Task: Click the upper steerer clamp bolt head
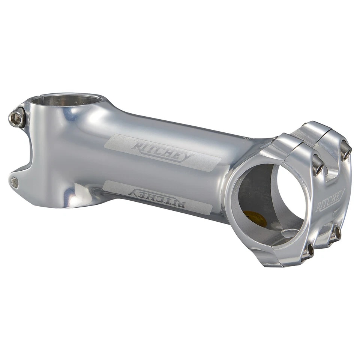17,118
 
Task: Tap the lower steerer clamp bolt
15,182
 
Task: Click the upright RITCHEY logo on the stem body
161,150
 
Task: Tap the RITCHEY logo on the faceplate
330,199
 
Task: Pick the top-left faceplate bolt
318,165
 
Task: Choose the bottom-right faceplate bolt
337,233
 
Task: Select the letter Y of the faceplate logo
341,193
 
